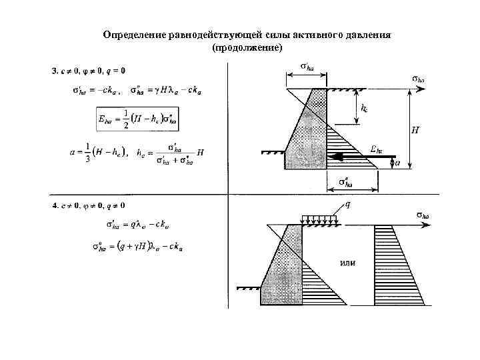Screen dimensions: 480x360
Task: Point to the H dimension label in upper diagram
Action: pos(415,130)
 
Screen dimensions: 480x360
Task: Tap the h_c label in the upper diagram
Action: pos(364,107)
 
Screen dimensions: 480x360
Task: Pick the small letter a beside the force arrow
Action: pos(398,161)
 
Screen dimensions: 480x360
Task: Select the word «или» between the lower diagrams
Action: pos(347,262)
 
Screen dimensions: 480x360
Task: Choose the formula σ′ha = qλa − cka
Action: pos(137,225)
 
